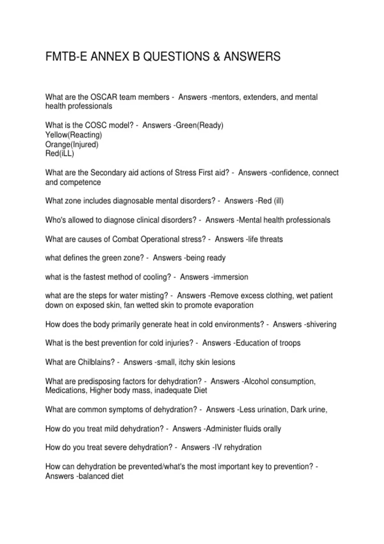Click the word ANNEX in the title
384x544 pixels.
110,57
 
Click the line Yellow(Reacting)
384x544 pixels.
74,135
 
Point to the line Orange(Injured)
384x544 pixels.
72,144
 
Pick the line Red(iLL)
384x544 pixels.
60,154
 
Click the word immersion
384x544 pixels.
231,277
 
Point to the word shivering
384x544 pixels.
321,324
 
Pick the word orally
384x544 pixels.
272,429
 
